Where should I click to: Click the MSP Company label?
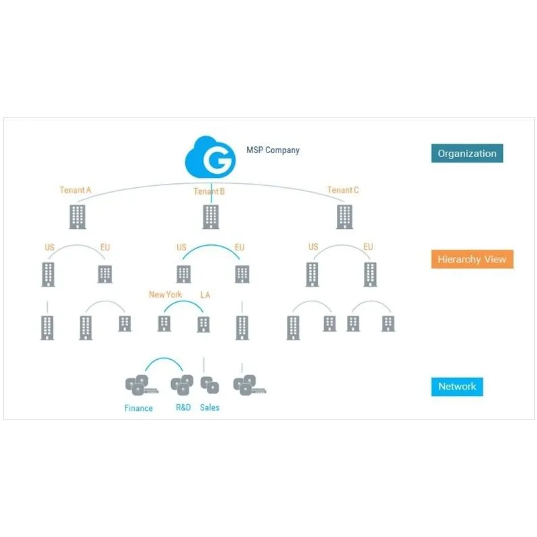pos(273,150)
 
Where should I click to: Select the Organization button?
pos(467,154)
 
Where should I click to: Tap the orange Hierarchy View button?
pos(472,259)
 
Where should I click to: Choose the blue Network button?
pos(457,387)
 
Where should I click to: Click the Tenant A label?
pos(75,190)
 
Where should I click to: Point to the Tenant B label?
pos(209,191)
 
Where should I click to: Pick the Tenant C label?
pos(343,190)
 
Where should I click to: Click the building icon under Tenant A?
pos(78,216)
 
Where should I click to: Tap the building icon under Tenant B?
pos(211,216)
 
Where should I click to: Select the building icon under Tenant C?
pos(344,216)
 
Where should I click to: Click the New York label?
pos(165,295)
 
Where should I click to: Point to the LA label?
pos(206,295)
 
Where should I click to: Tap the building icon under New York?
pos(164,324)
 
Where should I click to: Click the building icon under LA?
pos(203,324)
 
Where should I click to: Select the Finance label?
pos(138,408)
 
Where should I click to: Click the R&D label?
pos(183,407)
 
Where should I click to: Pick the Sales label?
pos(209,407)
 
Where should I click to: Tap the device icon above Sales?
pos(209,385)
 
